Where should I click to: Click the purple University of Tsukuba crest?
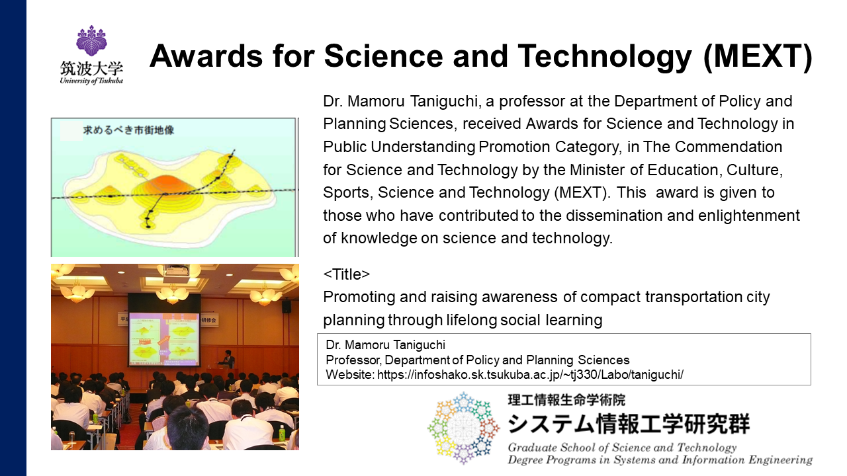coord(91,40)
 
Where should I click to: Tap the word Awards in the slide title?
coord(206,56)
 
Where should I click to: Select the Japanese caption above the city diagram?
coord(128,130)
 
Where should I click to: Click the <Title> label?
coord(346,274)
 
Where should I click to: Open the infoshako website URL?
coord(530,374)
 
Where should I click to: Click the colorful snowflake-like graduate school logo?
coord(463,428)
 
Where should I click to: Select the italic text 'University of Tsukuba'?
coord(91,81)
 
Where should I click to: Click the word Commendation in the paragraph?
coord(729,147)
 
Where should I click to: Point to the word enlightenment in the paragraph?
coord(748,216)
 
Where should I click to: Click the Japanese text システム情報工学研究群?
coord(628,424)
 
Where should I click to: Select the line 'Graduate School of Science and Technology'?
coord(622,448)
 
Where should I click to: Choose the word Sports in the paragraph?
coord(348,193)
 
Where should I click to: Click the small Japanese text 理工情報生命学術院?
coord(566,400)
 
